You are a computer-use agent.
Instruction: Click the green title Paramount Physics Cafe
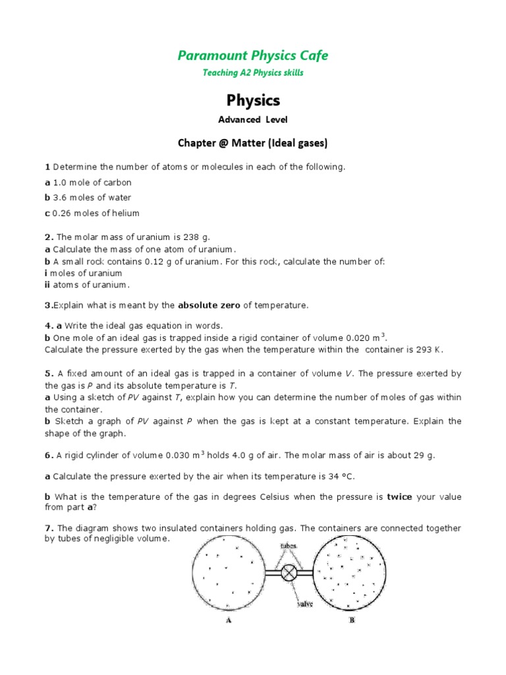click(x=253, y=55)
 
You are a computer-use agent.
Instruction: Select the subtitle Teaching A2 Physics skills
click(x=253, y=73)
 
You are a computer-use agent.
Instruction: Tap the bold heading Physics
click(x=253, y=100)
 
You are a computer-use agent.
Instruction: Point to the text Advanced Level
click(x=253, y=119)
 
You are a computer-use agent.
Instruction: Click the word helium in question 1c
click(x=125, y=213)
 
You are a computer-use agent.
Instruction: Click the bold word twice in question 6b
click(x=399, y=496)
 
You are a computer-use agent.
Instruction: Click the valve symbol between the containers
click(x=289, y=573)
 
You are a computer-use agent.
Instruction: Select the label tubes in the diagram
click(x=288, y=546)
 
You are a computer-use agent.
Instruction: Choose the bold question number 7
click(x=48, y=528)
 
